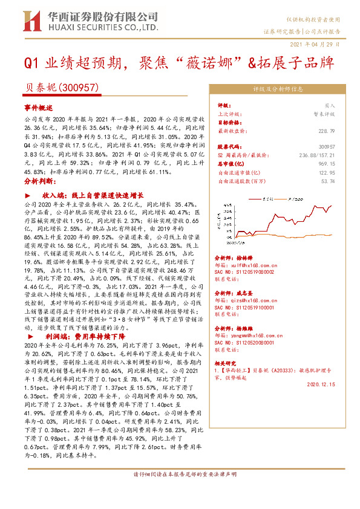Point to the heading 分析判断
pyautogui.click(x=40, y=181)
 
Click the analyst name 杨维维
pyautogui.click(x=243, y=327)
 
